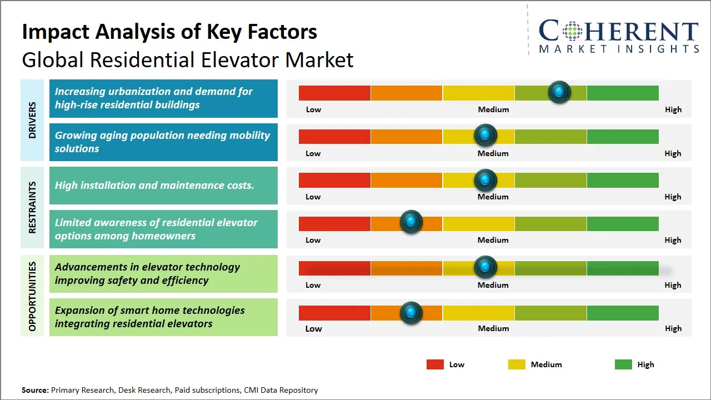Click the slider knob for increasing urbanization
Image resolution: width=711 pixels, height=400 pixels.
tap(559, 92)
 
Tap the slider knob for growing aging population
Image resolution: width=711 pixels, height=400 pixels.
tap(485, 135)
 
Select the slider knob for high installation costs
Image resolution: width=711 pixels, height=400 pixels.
tap(485, 180)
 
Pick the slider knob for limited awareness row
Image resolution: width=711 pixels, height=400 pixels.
tap(411, 222)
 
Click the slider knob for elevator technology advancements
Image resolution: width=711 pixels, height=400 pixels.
tap(485, 267)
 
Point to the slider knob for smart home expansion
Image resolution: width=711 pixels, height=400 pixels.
tap(411, 313)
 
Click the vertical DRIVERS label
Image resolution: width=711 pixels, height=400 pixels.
tap(32, 120)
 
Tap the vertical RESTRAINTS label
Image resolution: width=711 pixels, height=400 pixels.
tap(32, 207)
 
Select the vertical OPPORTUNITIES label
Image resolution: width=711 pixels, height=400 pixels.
tap(32, 297)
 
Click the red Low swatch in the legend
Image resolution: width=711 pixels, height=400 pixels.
tap(435, 364)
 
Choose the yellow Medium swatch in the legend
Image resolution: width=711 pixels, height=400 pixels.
tap(517, 364)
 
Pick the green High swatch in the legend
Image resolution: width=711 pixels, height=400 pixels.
tap(623, 364)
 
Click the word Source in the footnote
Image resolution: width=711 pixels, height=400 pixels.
tap(35, 391)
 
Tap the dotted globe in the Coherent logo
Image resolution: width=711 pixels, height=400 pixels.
tap(573, 31)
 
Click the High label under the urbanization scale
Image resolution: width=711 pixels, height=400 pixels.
tap(673, 109)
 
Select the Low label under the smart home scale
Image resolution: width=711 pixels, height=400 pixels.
tap(313, 328)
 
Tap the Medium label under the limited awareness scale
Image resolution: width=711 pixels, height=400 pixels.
tap(493, 240)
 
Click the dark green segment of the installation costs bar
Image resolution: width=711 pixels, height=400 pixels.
tap(622, 180)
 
